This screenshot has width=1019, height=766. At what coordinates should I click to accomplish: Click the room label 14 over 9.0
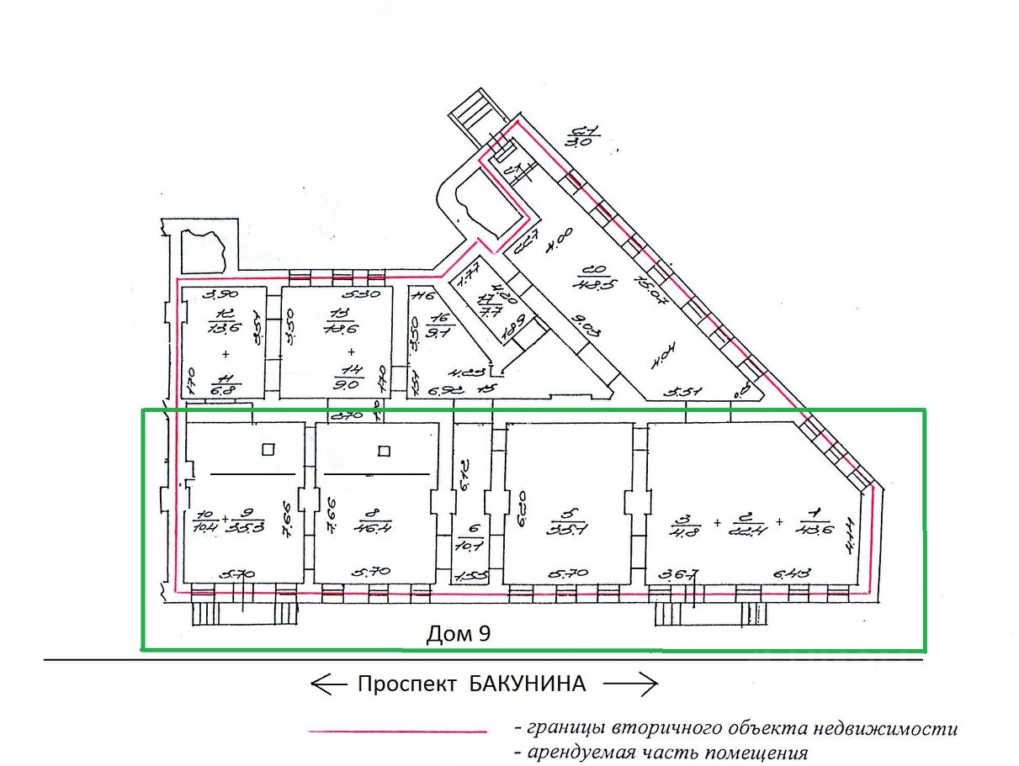tap(352, 379)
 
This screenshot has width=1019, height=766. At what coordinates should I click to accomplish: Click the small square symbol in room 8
tap(384, 450)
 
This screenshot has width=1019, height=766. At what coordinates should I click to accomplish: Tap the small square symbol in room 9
tap(268, 449)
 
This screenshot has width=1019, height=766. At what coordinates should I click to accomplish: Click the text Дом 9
tap(459, 634)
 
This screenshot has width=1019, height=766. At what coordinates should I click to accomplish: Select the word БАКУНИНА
tap(526, 684)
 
